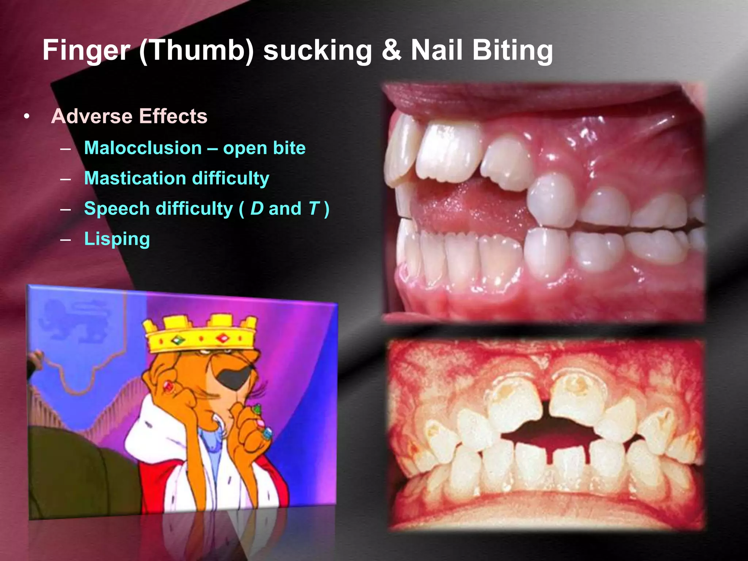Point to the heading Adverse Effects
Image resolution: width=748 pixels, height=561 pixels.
click(x=129, y=116)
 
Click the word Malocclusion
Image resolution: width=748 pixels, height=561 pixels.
click(x=143, y=148)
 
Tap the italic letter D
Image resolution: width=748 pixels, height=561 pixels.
click(x=257, y=209)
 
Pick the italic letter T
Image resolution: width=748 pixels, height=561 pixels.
click(x=314, y=209)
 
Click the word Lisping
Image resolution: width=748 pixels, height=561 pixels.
click(x=117, y=239)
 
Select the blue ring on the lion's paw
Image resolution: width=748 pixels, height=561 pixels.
click(x=267, y=434)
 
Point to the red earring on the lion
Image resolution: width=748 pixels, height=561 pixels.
click(x=169, y=385)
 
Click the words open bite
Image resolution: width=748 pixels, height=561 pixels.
click(x=264, y=148)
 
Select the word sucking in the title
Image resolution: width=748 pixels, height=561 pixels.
click(x=317, y=50)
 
